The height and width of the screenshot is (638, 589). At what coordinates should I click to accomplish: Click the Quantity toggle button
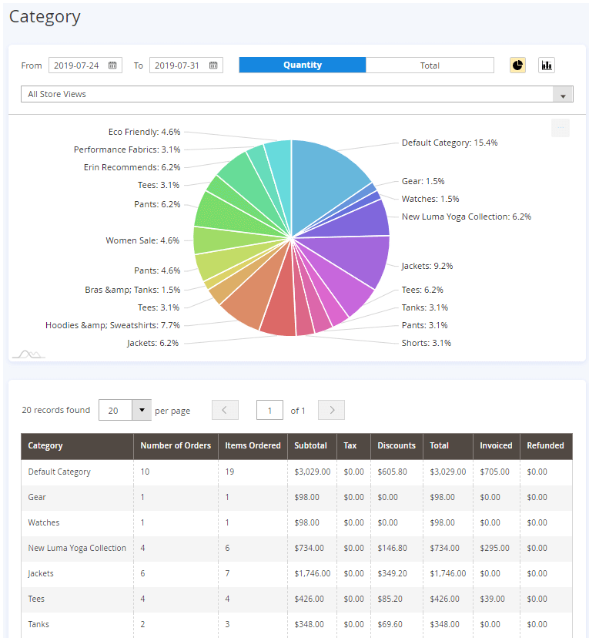pos(303,65)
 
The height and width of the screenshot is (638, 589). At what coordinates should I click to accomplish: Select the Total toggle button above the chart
pos(430,65)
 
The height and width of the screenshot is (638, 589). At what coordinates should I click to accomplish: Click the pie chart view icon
pos(517,65)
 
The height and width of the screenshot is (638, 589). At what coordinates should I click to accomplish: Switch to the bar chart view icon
pos(547,65)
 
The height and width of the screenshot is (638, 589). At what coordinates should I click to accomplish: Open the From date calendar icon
pos(112,65)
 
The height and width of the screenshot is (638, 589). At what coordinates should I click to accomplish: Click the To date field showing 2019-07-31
pos(186,65)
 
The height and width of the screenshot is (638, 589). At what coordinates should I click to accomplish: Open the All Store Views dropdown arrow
pos(563,95)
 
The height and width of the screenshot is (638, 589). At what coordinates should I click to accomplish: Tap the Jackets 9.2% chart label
pos(427,266)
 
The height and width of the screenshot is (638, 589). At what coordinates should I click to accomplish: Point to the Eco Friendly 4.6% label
pos(144,132)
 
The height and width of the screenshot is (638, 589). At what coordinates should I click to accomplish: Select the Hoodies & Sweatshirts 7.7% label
pos(112,325)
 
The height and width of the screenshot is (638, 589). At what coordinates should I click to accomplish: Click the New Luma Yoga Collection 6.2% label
pos(467,217)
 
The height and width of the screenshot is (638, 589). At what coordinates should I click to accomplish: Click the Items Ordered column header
pos(253,445)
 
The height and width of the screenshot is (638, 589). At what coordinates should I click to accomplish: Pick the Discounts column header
pos(397,445)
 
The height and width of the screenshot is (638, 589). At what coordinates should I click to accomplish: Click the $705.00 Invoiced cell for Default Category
pos(494,472)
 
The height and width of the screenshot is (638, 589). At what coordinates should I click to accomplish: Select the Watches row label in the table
pos(43,522)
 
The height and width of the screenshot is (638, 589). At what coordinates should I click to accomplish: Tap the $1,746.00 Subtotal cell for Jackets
pos(312,573)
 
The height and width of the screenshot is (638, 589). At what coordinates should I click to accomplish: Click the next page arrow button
pos(331,410)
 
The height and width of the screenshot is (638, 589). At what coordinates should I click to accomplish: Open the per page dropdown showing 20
pos(125,410)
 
